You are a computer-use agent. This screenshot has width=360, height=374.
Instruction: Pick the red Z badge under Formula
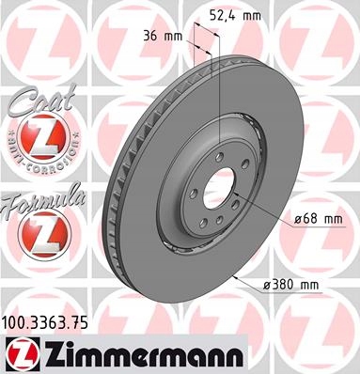36,236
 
